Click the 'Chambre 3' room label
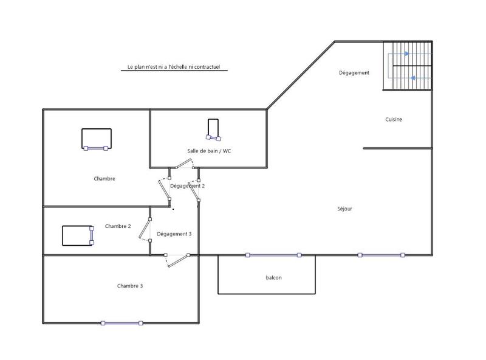130,286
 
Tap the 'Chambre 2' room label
118,226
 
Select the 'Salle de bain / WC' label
209,151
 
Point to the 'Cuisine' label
394,120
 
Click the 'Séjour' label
345,209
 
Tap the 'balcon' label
273,278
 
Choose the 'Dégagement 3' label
174,234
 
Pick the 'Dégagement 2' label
187,186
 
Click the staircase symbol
408,66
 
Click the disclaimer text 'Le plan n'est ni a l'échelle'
174,67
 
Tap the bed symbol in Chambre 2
78,235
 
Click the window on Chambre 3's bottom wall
122,323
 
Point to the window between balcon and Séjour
273,255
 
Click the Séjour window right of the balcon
381,255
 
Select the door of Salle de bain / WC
182,164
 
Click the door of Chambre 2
145,228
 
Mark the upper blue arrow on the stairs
407,54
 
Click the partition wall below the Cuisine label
397,148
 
